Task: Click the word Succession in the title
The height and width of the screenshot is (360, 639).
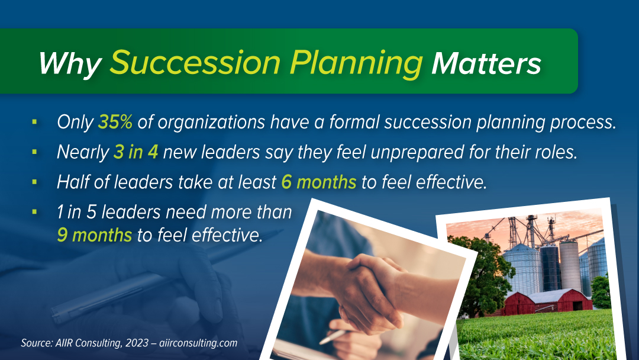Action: click(x=195, y=63)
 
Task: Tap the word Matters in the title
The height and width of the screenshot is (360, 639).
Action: click(x=486, y=63)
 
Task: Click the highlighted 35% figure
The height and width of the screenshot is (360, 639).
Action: click(x=115, y=122)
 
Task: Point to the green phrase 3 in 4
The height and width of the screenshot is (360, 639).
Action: click(x=135, y=152)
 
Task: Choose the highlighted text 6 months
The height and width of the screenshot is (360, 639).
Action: click(x=319, y=182)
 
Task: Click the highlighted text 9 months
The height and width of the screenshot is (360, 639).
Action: click(x=95, y=235)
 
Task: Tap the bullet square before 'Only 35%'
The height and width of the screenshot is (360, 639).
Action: click(x=34, y=121)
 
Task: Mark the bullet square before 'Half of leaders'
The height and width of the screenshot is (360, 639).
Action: click(x=34, y=182)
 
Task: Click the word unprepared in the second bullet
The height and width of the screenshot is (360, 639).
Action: click(x=417, y=153)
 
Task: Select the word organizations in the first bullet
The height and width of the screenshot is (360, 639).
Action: click(x=211, y=123)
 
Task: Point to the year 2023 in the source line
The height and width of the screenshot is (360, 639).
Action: click(x=137, y=342)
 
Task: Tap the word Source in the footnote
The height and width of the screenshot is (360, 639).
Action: click(x=37, y=342)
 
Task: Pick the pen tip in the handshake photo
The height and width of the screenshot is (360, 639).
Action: click(x=322, y=342)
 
